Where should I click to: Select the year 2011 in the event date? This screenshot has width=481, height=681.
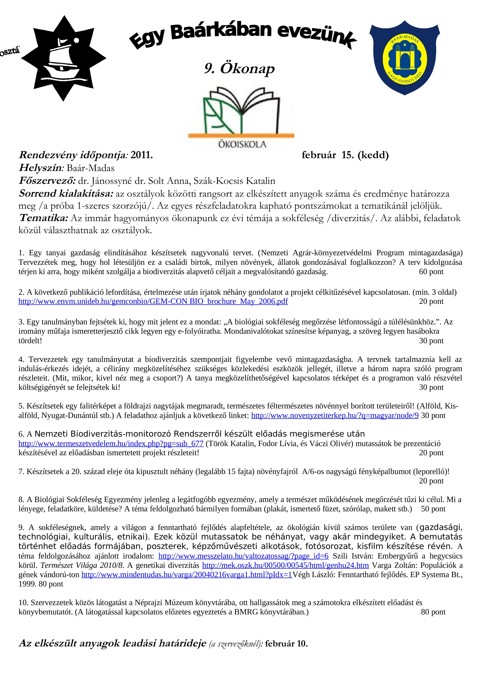tap(141, 155)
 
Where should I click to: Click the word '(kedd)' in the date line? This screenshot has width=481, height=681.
tap(373, 155)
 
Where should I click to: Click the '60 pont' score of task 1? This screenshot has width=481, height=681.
tap(431, 272)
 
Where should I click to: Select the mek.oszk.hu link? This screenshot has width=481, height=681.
tap(285, 565)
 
